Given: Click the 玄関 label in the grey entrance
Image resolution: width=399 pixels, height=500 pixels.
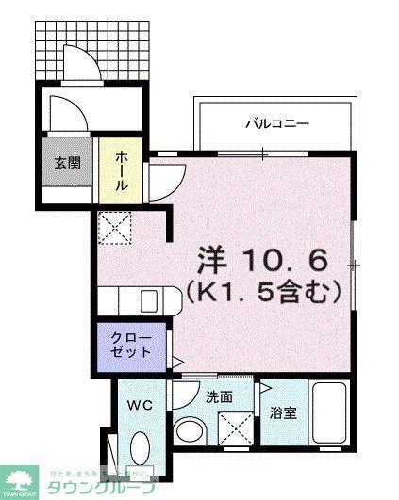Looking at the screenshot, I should tap(66, 163).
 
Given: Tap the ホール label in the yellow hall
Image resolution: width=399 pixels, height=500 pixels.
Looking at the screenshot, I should tap(122, 172).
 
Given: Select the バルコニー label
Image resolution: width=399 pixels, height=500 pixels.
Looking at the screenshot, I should tap(277, 122).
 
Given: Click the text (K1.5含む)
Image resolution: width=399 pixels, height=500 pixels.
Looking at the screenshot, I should tap(262, 293).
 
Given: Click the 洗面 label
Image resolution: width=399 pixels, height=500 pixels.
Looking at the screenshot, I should tap(219, 396).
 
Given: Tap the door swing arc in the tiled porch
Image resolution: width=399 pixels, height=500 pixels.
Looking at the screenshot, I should tap(79, 59).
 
